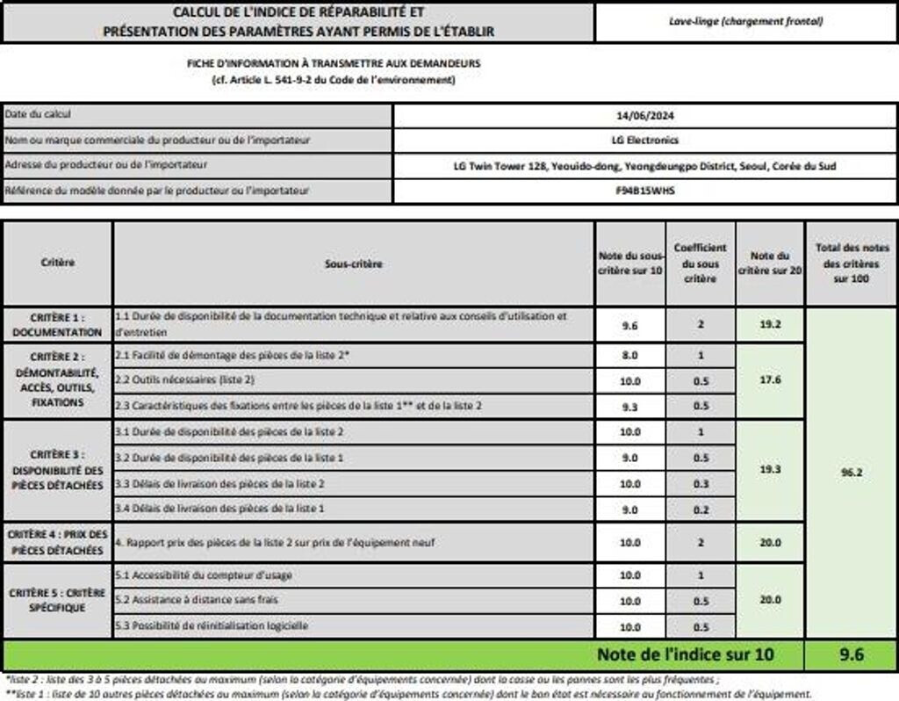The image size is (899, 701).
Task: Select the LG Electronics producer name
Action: click(x=644, y=140)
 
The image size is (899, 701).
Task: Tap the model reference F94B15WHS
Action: click(x=644, y=190)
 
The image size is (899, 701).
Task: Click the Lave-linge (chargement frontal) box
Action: click(x=745, y=21)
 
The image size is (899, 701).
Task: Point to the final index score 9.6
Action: click(x=851, y=654)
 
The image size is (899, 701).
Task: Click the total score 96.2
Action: click(x=851, y=472)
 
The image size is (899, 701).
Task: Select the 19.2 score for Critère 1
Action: click(x=770, y=324)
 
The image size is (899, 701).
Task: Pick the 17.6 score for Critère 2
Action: click(x=770, y=379)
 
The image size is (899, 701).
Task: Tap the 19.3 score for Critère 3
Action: click(x=770, y=470)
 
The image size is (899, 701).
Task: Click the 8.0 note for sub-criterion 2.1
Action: click(x=629, y=356)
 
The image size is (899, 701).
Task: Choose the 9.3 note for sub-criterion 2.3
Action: click(x=629, y=406)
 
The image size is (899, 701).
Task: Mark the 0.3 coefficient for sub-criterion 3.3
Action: click(x=701, y=483)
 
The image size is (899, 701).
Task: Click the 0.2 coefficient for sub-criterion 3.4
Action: click(x=701, y=509)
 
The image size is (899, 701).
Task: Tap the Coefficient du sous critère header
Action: click(x=701, y=264)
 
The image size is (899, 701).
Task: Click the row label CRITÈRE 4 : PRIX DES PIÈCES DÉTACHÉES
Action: click(x=57, y=542)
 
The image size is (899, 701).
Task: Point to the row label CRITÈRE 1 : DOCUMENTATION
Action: click(x=57, y=325)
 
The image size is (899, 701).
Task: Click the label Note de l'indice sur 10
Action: click(x=686, y=654)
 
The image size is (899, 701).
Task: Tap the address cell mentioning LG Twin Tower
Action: click(x=644, y=165)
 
